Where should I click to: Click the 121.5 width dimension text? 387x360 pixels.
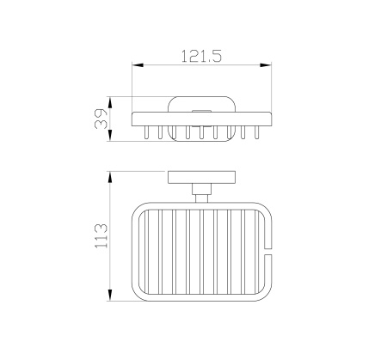point(201,56)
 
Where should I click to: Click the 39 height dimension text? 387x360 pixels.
point(101,119)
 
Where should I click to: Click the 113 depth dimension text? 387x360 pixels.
point(101,236)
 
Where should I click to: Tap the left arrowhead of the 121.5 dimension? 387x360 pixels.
point(138,65)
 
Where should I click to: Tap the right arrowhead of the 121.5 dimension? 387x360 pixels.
point(266,65)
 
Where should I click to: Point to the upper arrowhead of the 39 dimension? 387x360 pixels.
point(110,102)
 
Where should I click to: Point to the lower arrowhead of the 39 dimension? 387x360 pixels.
point(110,135)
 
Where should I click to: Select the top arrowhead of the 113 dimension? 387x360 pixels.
point(110,177)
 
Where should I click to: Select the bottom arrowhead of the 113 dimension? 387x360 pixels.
point(110,295)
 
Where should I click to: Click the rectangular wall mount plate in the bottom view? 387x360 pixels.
point(201,177)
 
